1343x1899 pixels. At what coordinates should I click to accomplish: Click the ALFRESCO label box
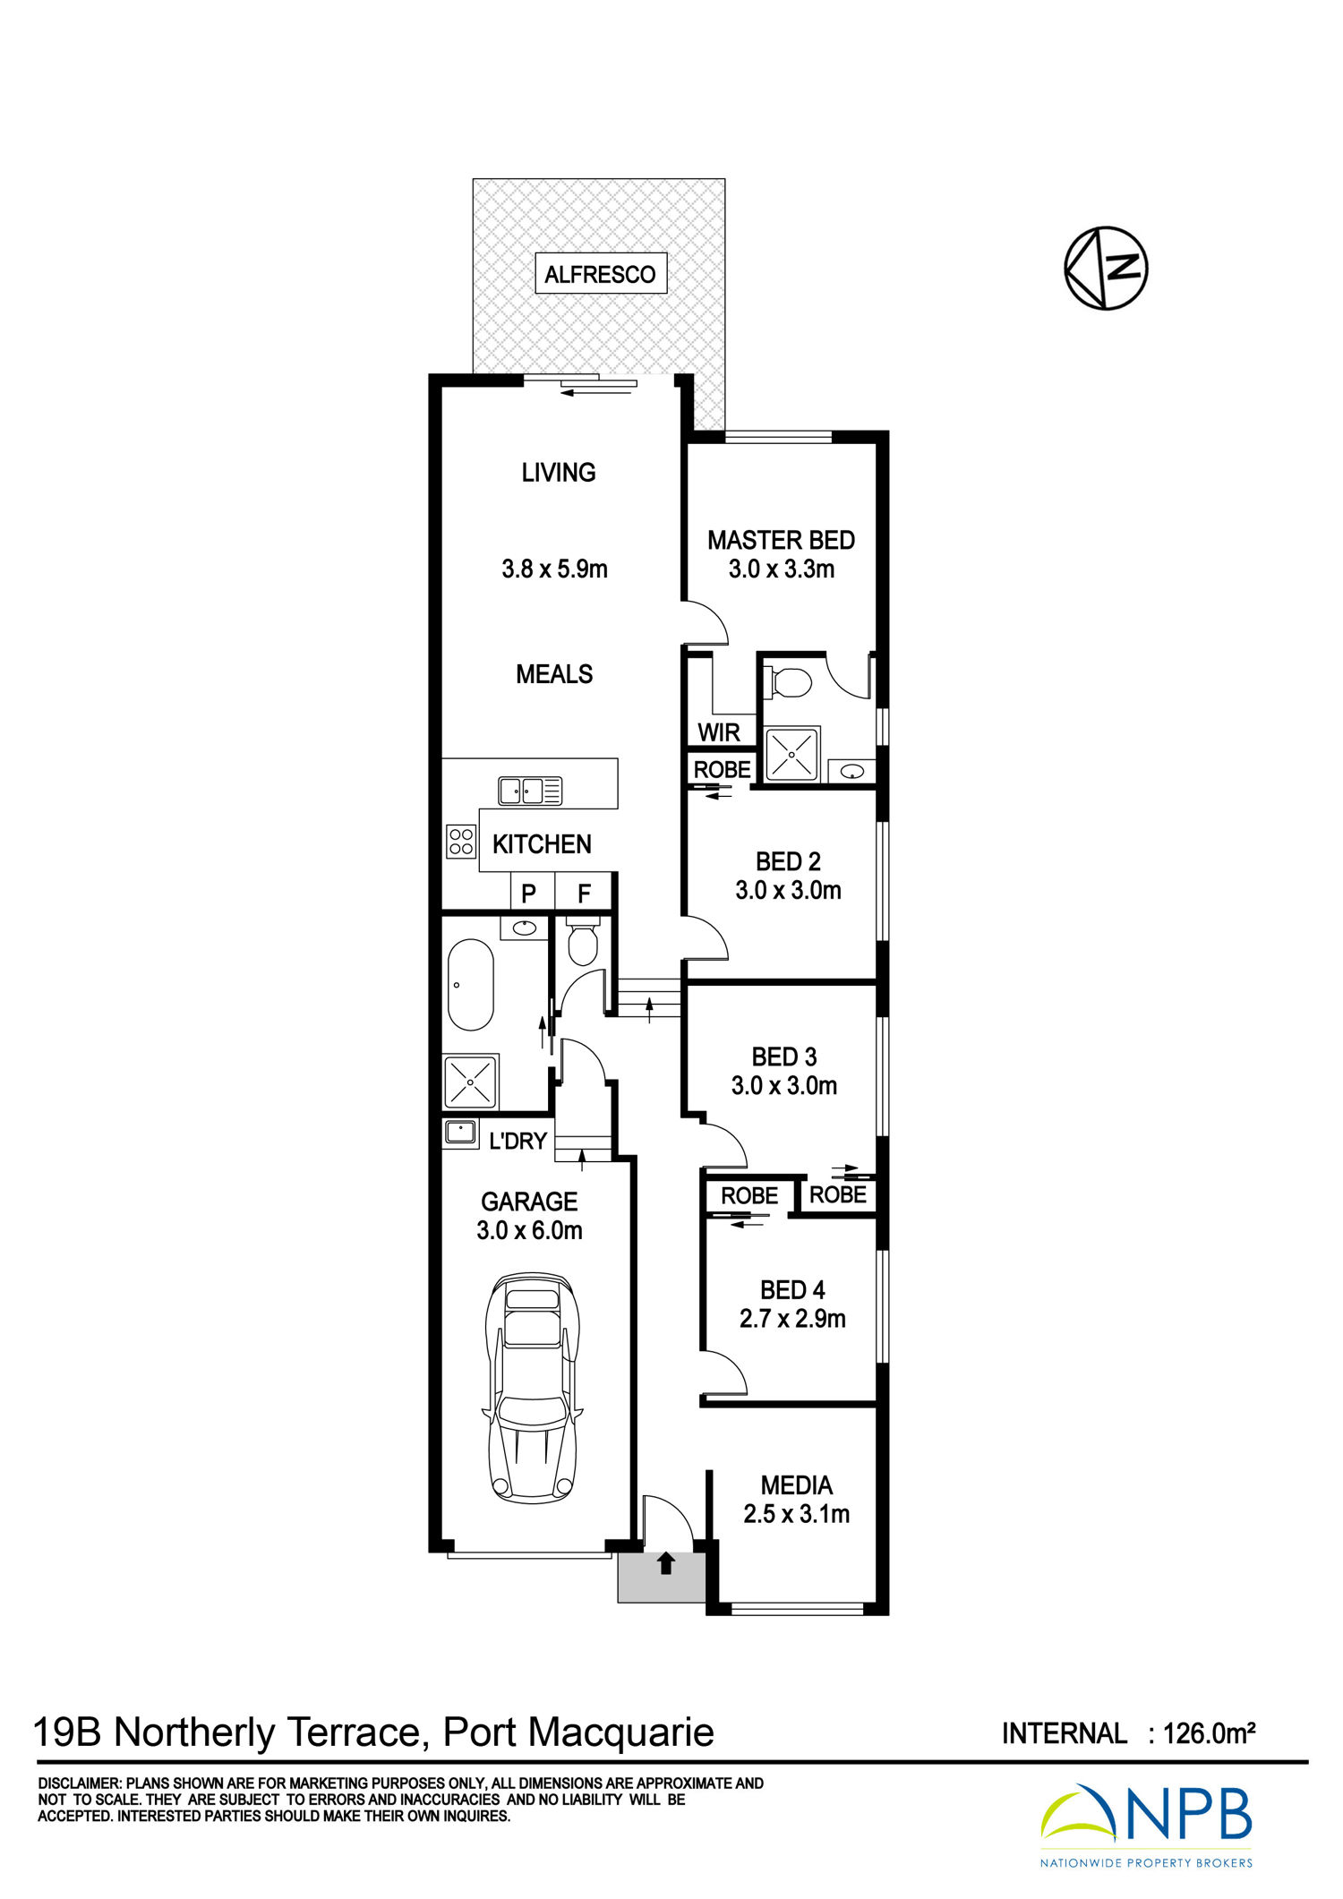[601, 274]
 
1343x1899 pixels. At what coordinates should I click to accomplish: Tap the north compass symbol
[1106, 269]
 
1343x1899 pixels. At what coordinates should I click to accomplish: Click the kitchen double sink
[530, 791]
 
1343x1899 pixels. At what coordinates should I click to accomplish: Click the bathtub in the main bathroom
[470, 985]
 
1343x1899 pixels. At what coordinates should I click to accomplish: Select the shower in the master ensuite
[791, 754]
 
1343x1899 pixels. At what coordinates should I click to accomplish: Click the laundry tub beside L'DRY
[461, 1133]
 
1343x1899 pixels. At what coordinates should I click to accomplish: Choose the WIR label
[719, 732]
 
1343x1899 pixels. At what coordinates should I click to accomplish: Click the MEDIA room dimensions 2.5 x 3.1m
[796, 1514]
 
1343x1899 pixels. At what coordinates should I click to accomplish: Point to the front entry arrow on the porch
[666, 1563]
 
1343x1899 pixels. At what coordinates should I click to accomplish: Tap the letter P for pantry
[528, 893]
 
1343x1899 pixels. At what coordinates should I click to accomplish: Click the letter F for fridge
[584, 893]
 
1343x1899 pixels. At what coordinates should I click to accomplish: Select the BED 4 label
[792, 1289]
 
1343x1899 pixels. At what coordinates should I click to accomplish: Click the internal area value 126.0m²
[1209, 1733]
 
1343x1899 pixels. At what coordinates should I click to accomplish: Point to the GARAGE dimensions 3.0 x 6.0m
[529, 1230]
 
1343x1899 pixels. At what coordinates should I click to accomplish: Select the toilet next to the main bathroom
[583, 942]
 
